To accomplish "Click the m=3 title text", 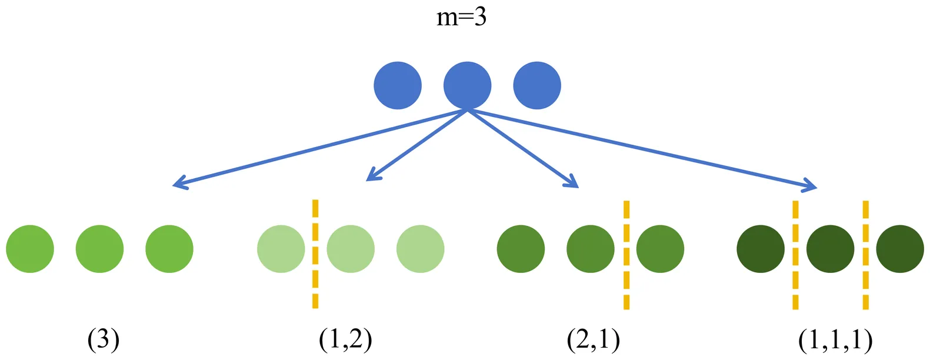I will coord(461,16).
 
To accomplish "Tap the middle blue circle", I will coord(467,85).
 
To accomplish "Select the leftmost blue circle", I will coord(398,85).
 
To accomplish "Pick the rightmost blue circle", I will coord(536,85).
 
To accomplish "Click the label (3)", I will coord(104,339).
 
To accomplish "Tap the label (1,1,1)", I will coord(835,339).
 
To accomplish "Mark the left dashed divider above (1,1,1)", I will coord(795,255).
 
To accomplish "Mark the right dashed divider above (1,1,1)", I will coord(865,255).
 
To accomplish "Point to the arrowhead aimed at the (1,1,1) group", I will coord(812,187).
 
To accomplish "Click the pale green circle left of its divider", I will coord(281,249).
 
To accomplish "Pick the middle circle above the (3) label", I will coord(99,249).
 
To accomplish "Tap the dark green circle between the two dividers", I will coord(830,249).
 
